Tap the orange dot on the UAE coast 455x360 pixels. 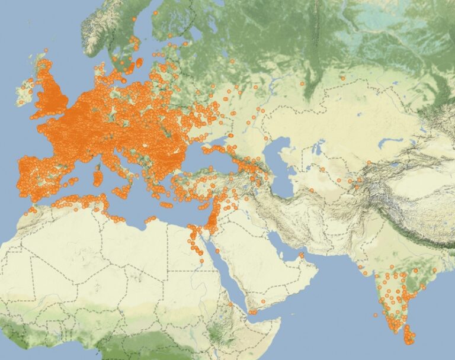tap(302, 256)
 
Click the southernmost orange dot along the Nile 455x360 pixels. tap(201, 261)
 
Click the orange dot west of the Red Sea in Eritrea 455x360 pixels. tap(230, 304)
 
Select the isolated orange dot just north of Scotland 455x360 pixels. tap(46, 50)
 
